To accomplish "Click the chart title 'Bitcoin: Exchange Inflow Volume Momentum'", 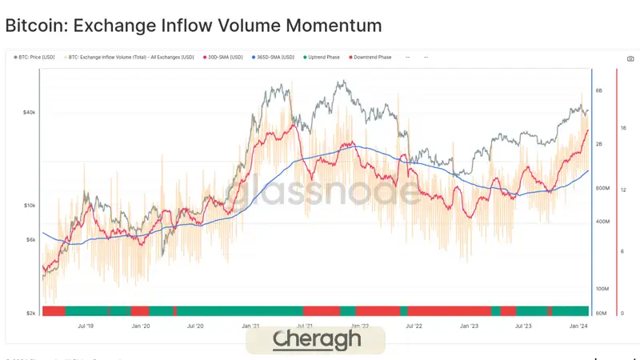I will tap(194, 26).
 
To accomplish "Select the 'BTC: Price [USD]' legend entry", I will tap(36, 58).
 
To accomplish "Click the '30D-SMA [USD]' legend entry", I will tap(224, 58).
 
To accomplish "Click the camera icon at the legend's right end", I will tap(630, 58).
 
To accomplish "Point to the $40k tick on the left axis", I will tap(28, 113).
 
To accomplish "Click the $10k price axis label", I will tap(28, 206).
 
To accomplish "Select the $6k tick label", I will tap(29, 240).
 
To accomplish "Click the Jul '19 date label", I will tap(86, 326).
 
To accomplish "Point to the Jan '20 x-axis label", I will tap(141, 326).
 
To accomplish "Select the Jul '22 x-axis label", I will tap(414, 326).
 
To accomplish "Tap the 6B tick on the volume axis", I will tap(599, 91).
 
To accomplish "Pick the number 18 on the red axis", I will tap(623, 128).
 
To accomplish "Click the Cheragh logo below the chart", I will tap(315, 339).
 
